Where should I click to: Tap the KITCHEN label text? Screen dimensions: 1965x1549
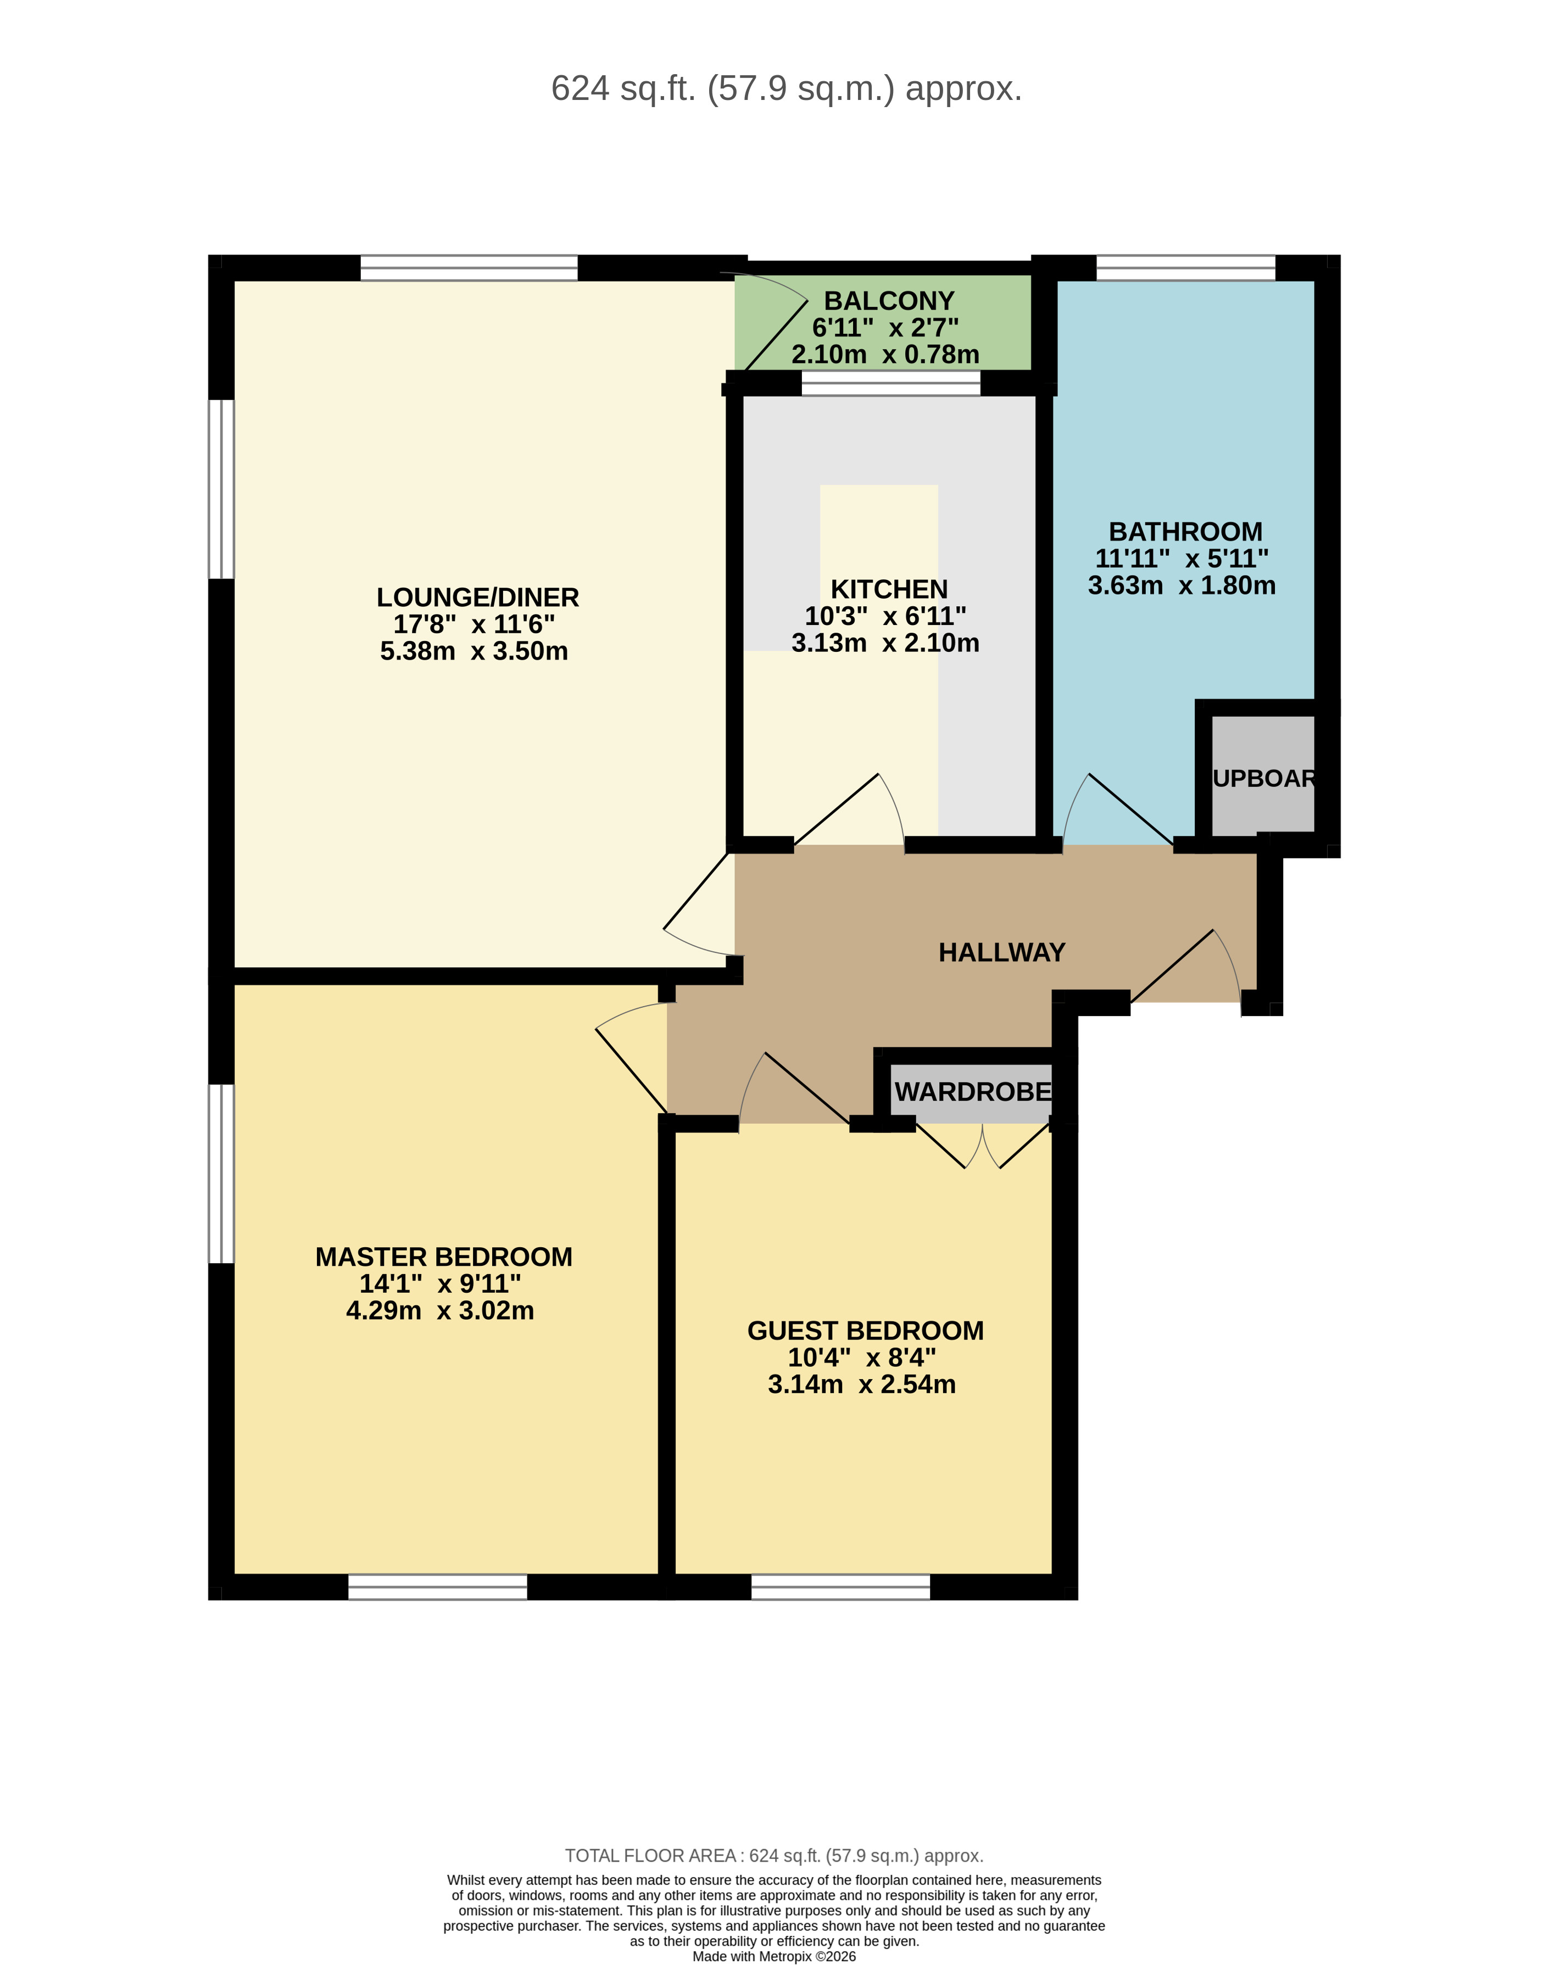[x=889, y=589]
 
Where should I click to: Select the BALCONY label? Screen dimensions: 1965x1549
[x=889, y=300]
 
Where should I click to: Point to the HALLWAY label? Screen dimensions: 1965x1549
[x=1001, y=952]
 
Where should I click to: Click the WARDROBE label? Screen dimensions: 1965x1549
[x=972, y=1092]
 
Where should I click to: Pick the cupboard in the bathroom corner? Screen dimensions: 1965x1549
[x=1262, y=777]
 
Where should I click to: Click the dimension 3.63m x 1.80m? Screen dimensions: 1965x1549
[x=1181, y=586]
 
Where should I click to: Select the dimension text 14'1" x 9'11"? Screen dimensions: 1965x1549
[x=440, y=1284]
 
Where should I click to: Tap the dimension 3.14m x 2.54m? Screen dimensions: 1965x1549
[x=862, y=1385]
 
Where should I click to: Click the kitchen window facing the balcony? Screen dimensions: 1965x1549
[x=890, y=384]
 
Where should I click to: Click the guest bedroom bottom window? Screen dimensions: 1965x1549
[x=841, y=1587]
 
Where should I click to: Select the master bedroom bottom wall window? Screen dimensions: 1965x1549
[x=437, y=1587]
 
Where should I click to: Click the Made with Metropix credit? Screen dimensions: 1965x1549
[x=773, y=1956]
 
